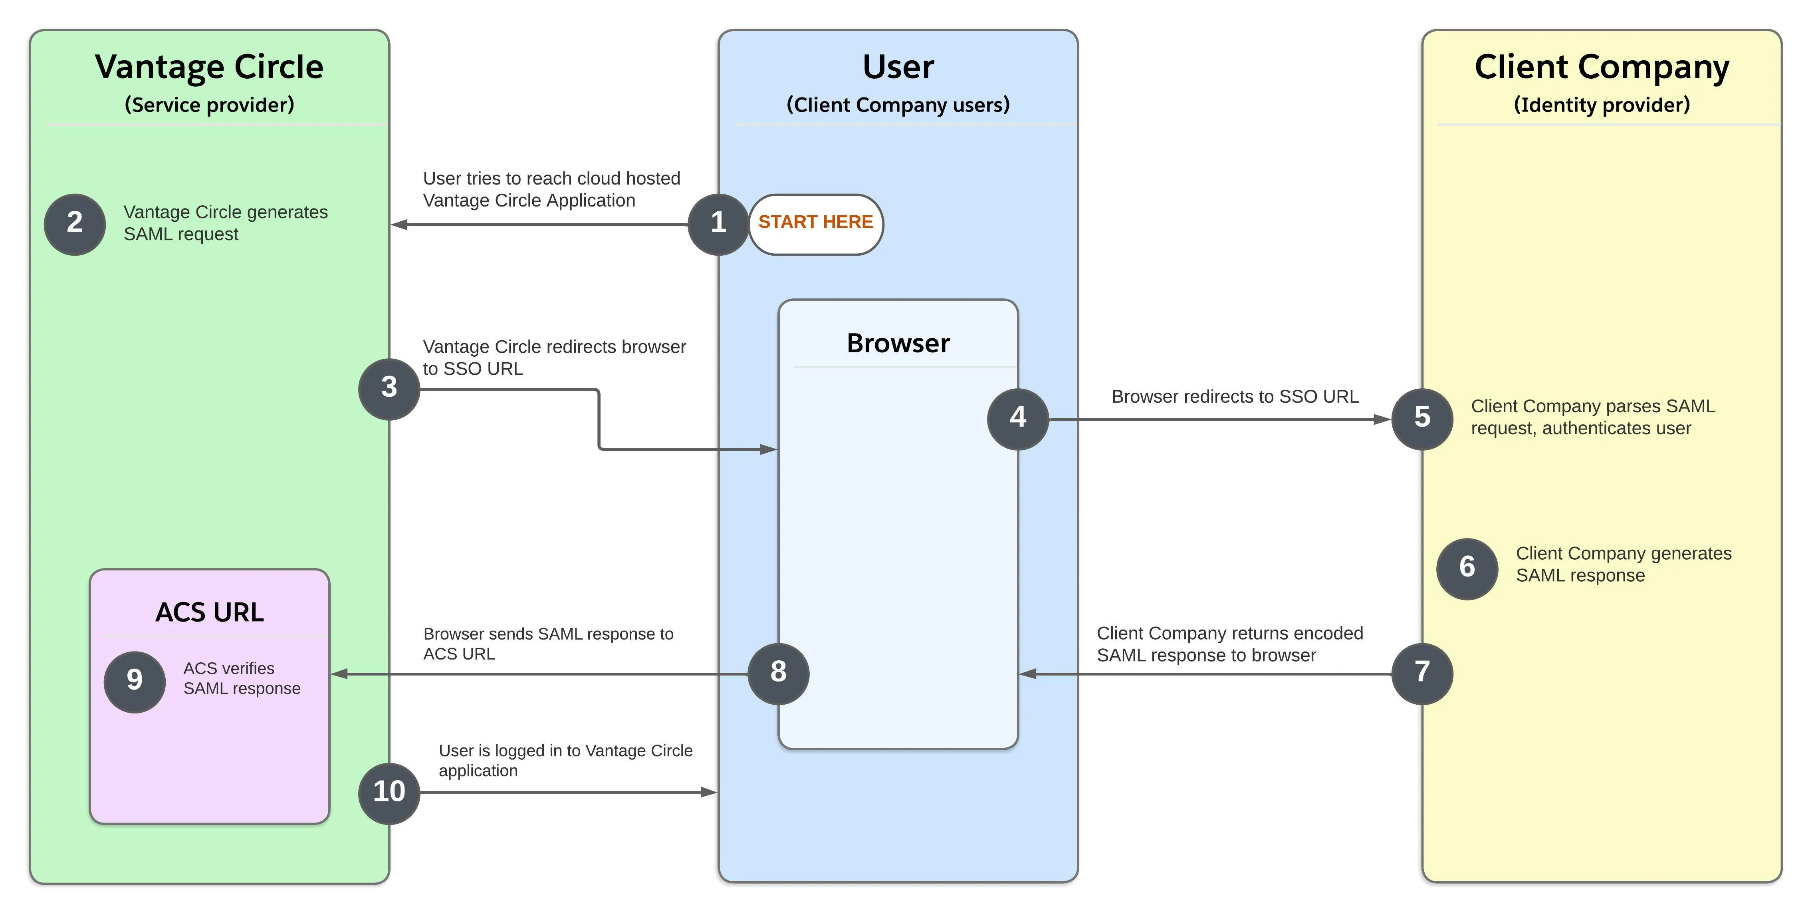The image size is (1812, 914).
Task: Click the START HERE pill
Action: click(x=815, y=223)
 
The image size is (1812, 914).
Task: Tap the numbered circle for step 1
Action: click(x=718, y=224)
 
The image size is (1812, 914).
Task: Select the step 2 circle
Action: click(x=75, y=224)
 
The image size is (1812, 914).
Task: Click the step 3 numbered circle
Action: click(x=389, y=388)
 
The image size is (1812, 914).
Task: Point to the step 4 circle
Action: click(x=1018, y=419)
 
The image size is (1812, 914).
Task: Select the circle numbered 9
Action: click(x=134, y=680)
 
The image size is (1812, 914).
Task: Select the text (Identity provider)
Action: click(x=1601, y=105)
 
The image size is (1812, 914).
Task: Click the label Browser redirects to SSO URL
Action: click(x=1235, y=397)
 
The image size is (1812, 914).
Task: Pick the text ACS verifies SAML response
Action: click(x=241, y=678)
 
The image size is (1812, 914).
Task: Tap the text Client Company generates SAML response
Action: click(x=1623, y=564)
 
